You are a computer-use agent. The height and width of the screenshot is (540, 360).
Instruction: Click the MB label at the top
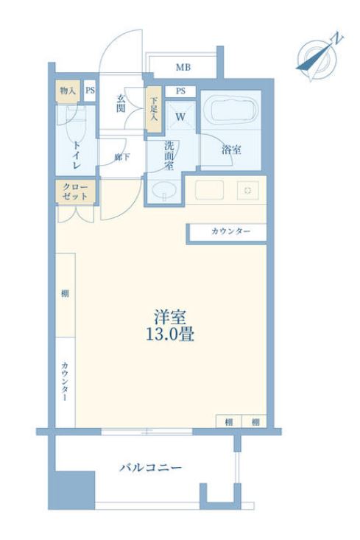click(183, 68)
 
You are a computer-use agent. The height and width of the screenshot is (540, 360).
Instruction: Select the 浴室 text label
click(231, 150)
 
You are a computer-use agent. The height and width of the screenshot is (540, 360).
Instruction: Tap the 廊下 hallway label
click(122, 156)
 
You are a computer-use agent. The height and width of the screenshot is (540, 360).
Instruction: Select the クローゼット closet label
click(74, 192)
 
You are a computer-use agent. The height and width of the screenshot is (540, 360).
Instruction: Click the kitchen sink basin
click(208, 189)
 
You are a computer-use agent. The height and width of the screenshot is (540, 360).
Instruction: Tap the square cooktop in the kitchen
click(247, 189)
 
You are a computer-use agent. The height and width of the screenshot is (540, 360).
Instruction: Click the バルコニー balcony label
click(150, 467)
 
